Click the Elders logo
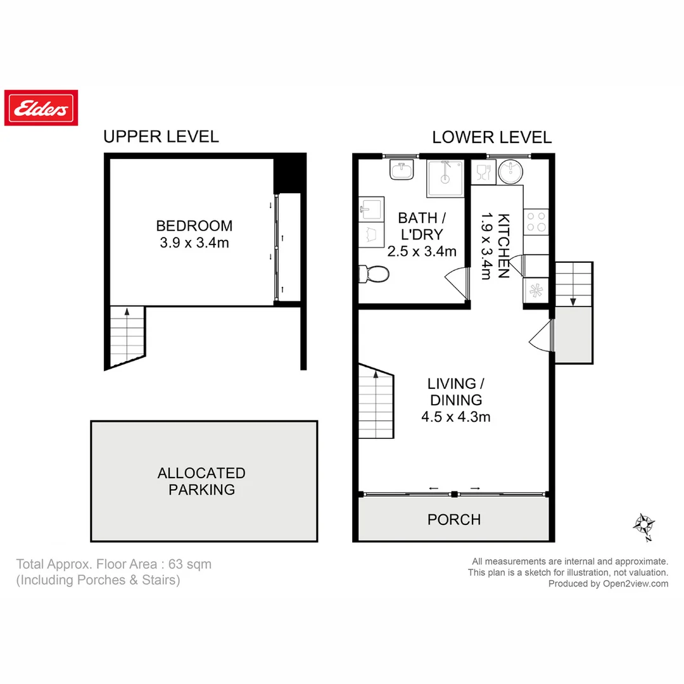click(x=41, y=108)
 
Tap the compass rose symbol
click(x=645, y=526)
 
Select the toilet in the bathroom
click(x=373, y=274)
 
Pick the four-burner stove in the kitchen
click(x=536, y=222)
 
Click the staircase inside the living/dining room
click(x=376, y=403)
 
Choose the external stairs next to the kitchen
click(x=573, y=284)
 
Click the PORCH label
click(x=453, y=520)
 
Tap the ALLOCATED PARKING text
click(x=201, y=481)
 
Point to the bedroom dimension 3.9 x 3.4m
click(x=194, y=243)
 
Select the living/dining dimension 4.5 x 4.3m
click(x=455, y=417)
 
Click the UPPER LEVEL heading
click(x=161, y=136)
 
